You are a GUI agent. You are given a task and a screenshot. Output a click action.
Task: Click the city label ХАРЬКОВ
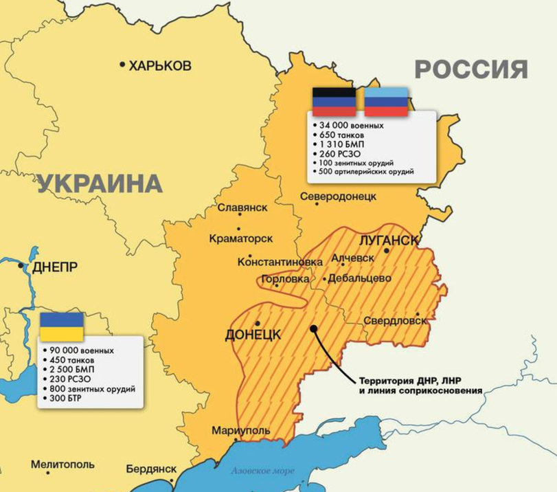point(160,65)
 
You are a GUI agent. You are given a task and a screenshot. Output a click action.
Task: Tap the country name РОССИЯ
point(471,69)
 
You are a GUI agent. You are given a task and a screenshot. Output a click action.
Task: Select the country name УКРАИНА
point(100,183)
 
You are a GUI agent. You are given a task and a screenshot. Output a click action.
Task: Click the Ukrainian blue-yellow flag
point(62,326)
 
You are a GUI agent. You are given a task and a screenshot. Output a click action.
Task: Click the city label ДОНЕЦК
point(253,335)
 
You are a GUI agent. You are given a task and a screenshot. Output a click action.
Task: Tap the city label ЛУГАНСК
point(389,240)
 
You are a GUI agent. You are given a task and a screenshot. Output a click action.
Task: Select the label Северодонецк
point(339,197)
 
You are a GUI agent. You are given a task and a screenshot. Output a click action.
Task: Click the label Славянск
point(242,208)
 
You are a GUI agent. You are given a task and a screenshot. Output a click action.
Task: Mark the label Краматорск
point(240,238)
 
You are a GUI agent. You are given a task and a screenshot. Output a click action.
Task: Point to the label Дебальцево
point(360,278)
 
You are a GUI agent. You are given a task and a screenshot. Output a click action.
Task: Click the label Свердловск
point(396,321)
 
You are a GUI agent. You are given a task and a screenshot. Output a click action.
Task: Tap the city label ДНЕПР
point(55,268)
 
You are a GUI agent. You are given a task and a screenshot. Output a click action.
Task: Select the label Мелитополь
point(62,465)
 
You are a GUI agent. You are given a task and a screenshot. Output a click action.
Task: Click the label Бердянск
point(152,469)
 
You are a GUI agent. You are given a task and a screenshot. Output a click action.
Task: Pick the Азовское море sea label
point(262,471)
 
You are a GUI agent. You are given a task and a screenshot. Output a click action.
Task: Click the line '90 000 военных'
point(81,350)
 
